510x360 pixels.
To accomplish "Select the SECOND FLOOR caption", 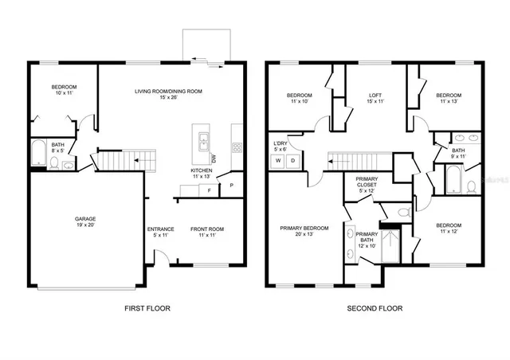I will tap(374, 308).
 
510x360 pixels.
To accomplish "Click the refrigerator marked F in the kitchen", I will tap(209, 191).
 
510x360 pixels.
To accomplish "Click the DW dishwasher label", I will tap(213, 157).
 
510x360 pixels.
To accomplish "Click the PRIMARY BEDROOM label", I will tap(304, 228).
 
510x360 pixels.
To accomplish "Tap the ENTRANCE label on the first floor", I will tap(160, 230).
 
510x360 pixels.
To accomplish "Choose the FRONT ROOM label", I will tap(206, 230).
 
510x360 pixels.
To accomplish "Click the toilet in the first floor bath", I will tap(54, 162).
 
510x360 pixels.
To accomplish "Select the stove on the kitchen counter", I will tap(237, 147).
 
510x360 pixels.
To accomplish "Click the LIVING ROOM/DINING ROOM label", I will tap(168, 92).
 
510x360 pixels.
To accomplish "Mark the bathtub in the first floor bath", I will tap(37, 153).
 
